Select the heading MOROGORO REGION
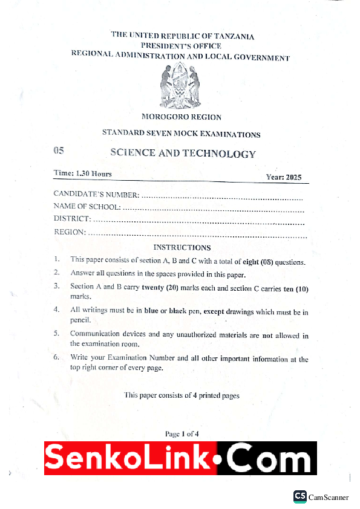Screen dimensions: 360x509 [x=181, y=117]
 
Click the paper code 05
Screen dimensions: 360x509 [x=58, y=151]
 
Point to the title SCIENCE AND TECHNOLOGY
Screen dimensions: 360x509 [x=183, y=154]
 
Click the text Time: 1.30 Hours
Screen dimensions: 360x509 [x=82, y=173]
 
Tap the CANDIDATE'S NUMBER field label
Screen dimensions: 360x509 [x=96, y=195]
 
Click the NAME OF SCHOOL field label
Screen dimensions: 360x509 [x=87, y=207]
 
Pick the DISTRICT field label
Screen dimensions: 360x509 [x=73, y=219]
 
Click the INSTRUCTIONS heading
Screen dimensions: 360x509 [x=182, y=247]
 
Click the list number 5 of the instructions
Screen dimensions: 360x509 [x=56, y=333]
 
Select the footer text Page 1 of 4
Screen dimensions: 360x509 [x=182, y=433]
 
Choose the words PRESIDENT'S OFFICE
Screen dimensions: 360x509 [x=181, y=46]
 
